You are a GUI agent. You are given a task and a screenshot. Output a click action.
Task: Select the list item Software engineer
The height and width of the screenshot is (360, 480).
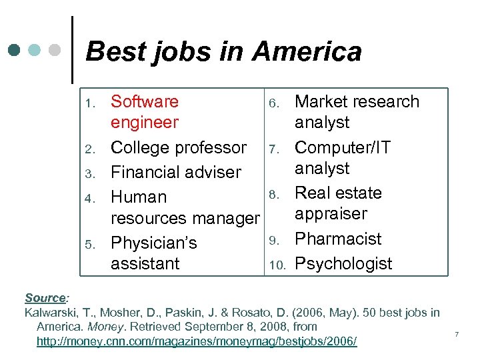(x=145, y=112)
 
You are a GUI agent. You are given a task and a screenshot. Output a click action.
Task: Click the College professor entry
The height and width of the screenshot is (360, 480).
(x=179, y=147)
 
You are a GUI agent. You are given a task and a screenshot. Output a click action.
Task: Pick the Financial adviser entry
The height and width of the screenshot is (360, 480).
(x=175, y=172)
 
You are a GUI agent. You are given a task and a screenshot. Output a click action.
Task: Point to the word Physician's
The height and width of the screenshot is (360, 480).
(x=154, y=243)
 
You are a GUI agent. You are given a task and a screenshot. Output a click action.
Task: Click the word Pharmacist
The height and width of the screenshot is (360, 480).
(x=338, y=239)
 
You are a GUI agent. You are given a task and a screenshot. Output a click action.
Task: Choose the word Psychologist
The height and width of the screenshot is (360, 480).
(x=343, y=263)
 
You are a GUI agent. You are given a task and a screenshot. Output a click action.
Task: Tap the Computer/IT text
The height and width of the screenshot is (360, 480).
(x=343, y=147)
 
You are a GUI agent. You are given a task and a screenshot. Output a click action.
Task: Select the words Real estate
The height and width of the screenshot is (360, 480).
(x=338, y=193)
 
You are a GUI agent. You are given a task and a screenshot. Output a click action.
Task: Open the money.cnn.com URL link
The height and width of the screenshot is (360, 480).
(x=197, y=342)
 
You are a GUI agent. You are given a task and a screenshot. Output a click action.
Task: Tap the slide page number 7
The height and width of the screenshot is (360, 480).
(x=457, y=333)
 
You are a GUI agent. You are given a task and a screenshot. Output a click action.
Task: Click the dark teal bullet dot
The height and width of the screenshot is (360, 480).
(x=15, y=50)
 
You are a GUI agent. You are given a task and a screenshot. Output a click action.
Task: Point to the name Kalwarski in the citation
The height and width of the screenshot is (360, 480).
(x=49, y=313)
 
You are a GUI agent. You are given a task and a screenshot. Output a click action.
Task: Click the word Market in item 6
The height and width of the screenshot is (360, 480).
(x=318, y=102)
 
